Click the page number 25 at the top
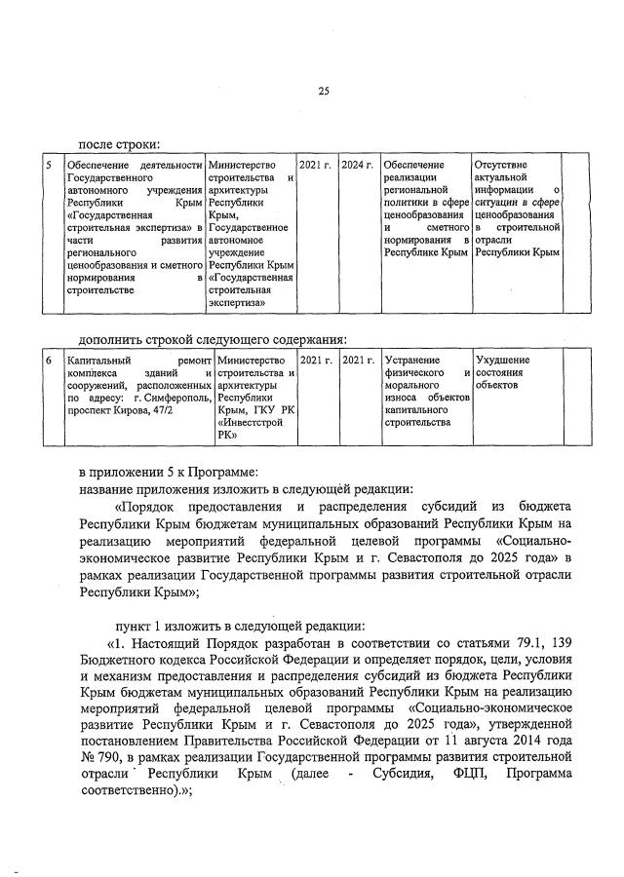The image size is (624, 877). click(323, 92)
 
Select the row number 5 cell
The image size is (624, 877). click(49, 165)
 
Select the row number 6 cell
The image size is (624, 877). click(49, 361)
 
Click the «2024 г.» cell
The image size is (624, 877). click(358, 165)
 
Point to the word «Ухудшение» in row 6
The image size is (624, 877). click(502, 361)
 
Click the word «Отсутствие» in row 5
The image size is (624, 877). click(504, 165)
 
